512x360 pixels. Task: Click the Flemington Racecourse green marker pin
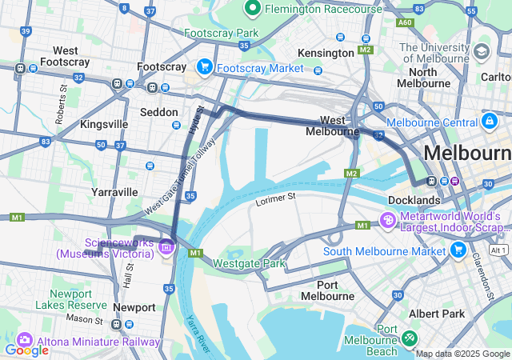click(253, 9)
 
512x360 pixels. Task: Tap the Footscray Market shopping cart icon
click(205, 67)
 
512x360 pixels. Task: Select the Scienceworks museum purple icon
click(166, 246)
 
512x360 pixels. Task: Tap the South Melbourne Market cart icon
click(458, 250)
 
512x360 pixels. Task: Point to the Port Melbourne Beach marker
click(410, 339)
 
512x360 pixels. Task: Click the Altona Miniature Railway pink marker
click(23, 340)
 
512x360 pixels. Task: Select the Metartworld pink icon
click(387, 219)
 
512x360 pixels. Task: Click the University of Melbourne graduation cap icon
click(481, 52)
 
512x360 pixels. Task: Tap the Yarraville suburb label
click(114, 192)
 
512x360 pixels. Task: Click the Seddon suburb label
click(158, 112)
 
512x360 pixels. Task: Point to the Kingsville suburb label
click(104, 125)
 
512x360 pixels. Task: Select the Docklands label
click(414, 199)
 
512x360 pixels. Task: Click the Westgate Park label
click(250, 262)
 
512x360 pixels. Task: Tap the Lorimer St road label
click(275, 197)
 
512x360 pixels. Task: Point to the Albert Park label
click(436, 314)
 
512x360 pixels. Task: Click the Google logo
click(26, 350)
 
